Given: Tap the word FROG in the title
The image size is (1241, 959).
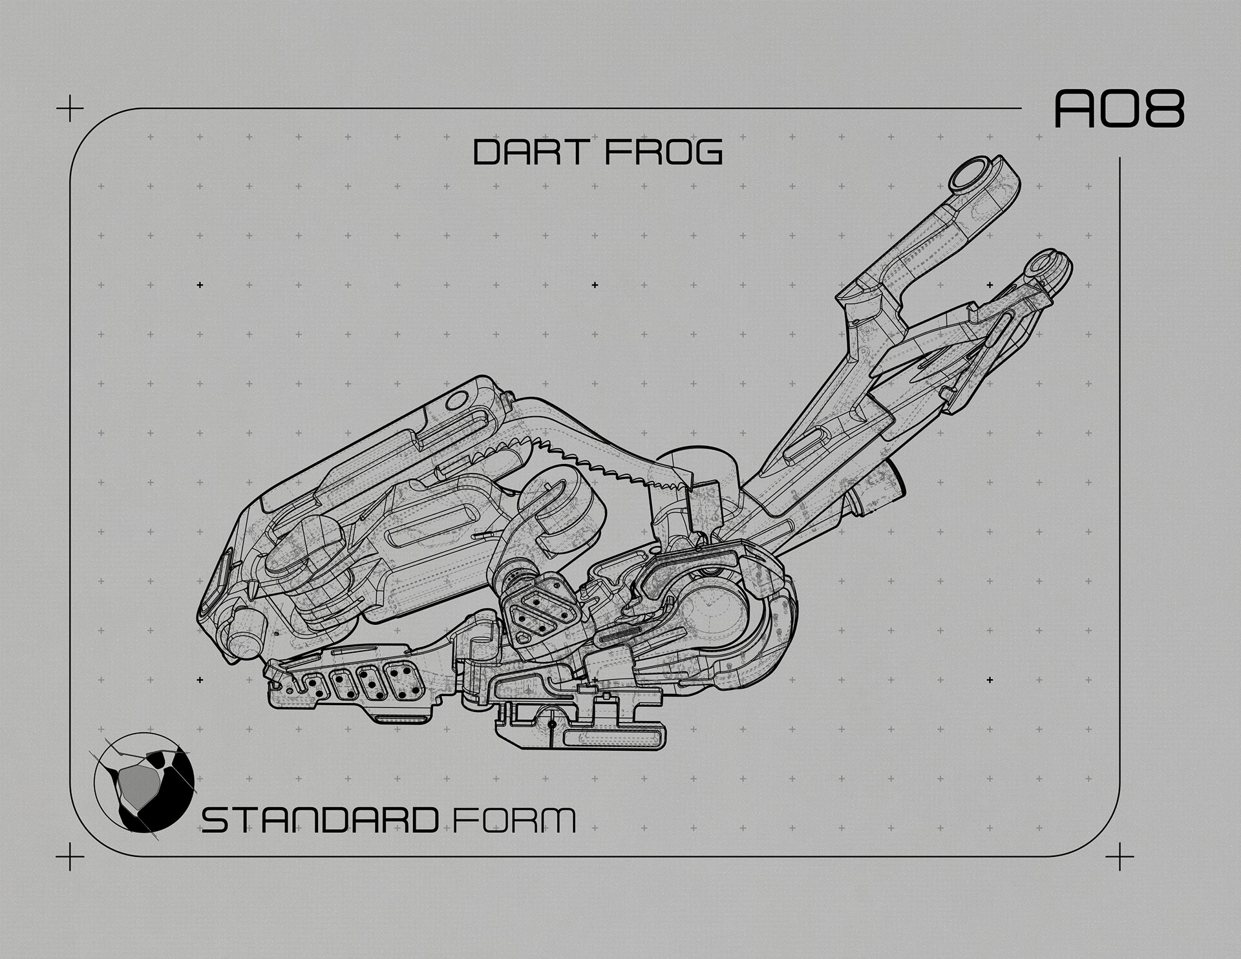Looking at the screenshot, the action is click(666, 153).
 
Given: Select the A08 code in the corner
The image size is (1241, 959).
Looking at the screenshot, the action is click(1119, 109).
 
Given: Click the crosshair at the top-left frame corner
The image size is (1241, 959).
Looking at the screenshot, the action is click(70, 111).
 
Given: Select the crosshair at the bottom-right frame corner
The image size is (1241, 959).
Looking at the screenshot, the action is click(1119, 857).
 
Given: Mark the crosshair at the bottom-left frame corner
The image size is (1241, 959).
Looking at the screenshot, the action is click(70, 857).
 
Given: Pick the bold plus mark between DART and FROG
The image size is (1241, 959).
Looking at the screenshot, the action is click(595, 284).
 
